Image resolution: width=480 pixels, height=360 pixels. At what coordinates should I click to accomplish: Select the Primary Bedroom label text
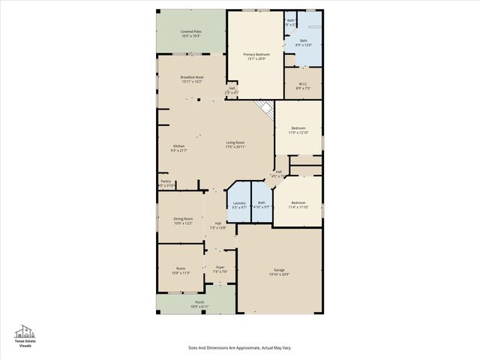point(256,57)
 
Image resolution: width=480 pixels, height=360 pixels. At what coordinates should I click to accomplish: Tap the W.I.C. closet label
point(304,85)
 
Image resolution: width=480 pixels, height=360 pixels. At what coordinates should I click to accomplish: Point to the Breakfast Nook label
point(191,79)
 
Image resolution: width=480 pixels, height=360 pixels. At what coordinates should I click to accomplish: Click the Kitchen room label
point(179,148)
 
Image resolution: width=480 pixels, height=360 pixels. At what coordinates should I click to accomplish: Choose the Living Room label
point(235,144)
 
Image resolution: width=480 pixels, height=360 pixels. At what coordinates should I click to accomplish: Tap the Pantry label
point(166,182)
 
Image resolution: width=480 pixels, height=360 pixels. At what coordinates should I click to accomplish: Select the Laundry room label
point(239,205)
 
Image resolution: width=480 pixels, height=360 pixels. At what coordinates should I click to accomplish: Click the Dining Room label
point(184,220)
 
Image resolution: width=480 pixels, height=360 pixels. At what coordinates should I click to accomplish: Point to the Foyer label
point(220,268)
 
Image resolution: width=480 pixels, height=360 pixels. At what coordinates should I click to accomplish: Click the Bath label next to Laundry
point(262,205)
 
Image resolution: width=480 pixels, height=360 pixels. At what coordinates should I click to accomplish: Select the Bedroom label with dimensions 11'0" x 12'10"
point(298,130)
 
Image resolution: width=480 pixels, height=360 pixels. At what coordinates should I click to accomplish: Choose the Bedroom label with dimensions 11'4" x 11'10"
point(298,204)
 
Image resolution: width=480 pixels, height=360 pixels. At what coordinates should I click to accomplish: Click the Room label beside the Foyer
point(181,270)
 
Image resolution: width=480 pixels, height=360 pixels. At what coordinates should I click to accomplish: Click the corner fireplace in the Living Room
point(265,109)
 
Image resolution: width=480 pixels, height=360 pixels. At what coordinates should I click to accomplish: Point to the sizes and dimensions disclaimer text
point(239,348)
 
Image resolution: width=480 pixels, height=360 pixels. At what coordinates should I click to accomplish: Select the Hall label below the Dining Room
point(217,225)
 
